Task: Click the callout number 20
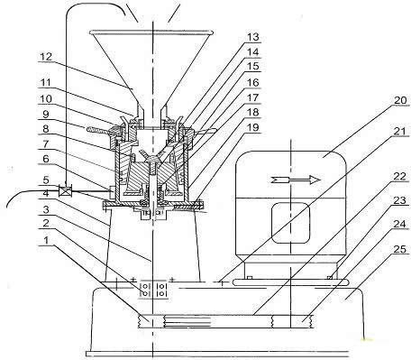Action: pos(400,100)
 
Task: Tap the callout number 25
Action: pos(400,249)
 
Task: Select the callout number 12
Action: pos(45,57)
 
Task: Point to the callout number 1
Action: pos(46,240)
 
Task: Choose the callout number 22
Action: pos(400,177)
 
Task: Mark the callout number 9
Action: pos(46,114)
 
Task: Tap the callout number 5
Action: pos(46,180)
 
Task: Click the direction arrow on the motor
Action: pos(297,180)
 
